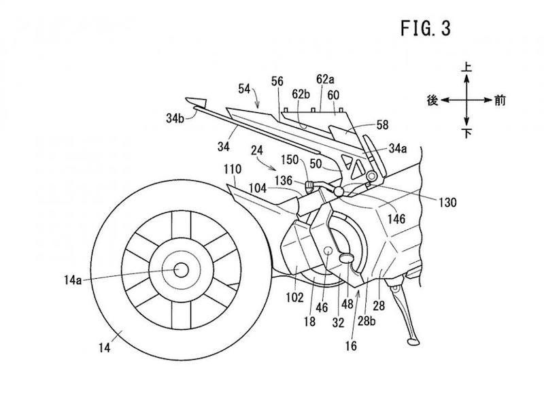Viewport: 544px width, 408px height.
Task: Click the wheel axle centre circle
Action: pyautogui.click(x=181, y=269)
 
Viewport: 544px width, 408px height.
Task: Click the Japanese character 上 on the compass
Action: pyautogui.click(x=467, y=69)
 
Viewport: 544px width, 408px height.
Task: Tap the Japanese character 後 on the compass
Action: pyautogui.click(x=431, y=99)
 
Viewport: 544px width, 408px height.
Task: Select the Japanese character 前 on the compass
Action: pyautogui.click(x=500, y=99)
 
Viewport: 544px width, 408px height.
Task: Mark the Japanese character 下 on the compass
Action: pyautogui.click(x=467, y=133)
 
